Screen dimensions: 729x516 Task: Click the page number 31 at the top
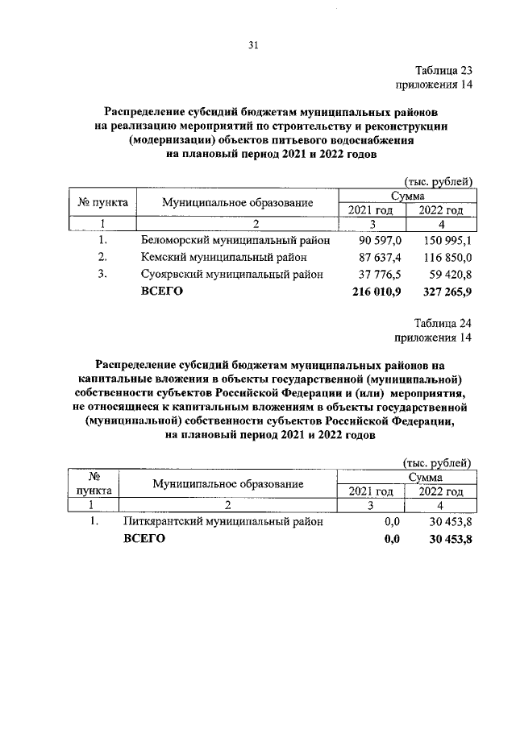pyautogui.click(x=252, y=45)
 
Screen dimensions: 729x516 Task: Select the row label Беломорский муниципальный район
pyautogui.click(x=235, y=240)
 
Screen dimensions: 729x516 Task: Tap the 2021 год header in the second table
pyautogui.click(x=370, y=491)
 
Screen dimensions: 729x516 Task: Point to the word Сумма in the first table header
pyautogui.click(x=409, y=196)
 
